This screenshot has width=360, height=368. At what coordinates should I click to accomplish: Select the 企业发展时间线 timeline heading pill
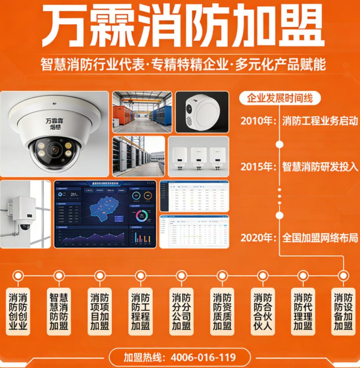click(x=280, y=98)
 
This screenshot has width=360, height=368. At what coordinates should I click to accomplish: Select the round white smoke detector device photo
click(x=202, y=111)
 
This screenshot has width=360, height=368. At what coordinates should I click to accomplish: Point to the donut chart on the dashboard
click(x=142, y=215)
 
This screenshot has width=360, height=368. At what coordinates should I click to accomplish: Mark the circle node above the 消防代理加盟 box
click(x=302, y=275)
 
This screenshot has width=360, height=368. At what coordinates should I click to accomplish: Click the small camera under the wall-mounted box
click(x=22, y=227)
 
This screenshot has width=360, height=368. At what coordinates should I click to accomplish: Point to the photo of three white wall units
click(x=198, y=156)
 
